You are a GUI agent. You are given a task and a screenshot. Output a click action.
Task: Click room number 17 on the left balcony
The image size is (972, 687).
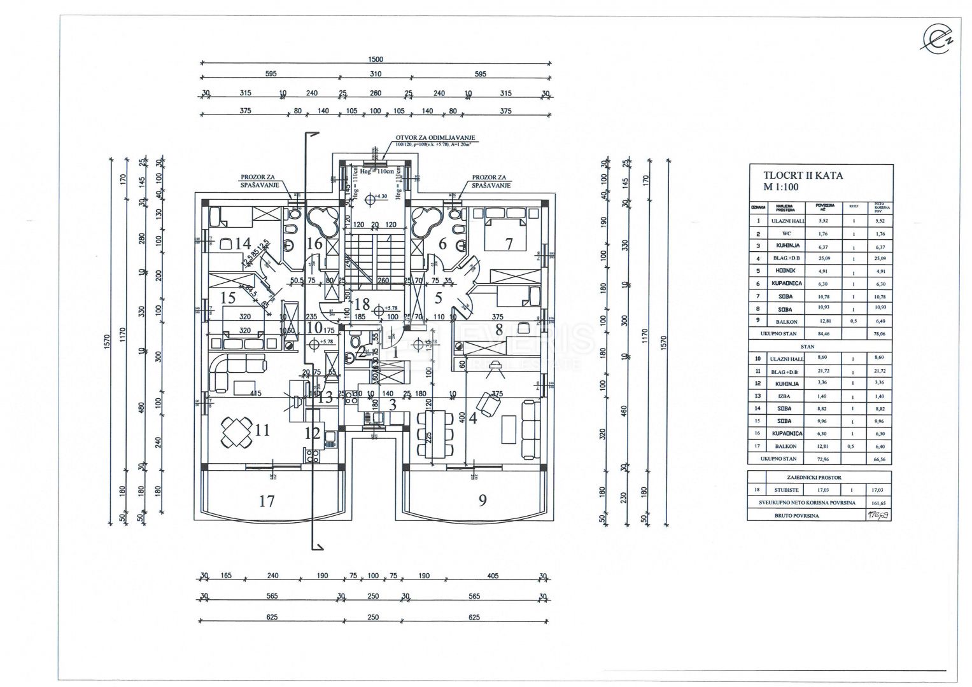(267, 501)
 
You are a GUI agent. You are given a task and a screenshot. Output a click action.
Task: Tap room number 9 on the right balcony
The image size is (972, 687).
(482, 500)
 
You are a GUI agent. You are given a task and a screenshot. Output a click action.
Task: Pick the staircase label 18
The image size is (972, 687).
(362, 304)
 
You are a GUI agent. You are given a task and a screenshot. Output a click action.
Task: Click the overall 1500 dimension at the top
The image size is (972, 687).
(376, 59)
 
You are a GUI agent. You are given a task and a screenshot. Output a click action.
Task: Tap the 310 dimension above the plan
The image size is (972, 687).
(375, 74)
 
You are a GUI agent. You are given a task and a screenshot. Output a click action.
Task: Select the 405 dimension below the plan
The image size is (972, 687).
(491, 576)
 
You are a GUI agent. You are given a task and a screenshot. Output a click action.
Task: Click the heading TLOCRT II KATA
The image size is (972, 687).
(803, 175)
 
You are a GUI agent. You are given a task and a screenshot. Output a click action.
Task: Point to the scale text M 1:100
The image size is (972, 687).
(781, 187)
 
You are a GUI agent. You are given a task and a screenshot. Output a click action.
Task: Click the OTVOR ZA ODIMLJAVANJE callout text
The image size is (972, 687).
(435, 138)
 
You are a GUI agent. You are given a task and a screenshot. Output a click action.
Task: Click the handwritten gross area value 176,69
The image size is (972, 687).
(877, 515)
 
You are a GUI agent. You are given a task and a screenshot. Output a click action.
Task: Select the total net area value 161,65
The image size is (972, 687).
(878, 503)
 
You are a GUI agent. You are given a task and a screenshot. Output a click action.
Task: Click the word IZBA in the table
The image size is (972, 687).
(783, 396)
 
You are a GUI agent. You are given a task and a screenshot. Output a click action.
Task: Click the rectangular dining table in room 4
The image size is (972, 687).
(435, 434)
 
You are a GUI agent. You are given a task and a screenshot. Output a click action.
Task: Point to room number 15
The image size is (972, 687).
(228, 297)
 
